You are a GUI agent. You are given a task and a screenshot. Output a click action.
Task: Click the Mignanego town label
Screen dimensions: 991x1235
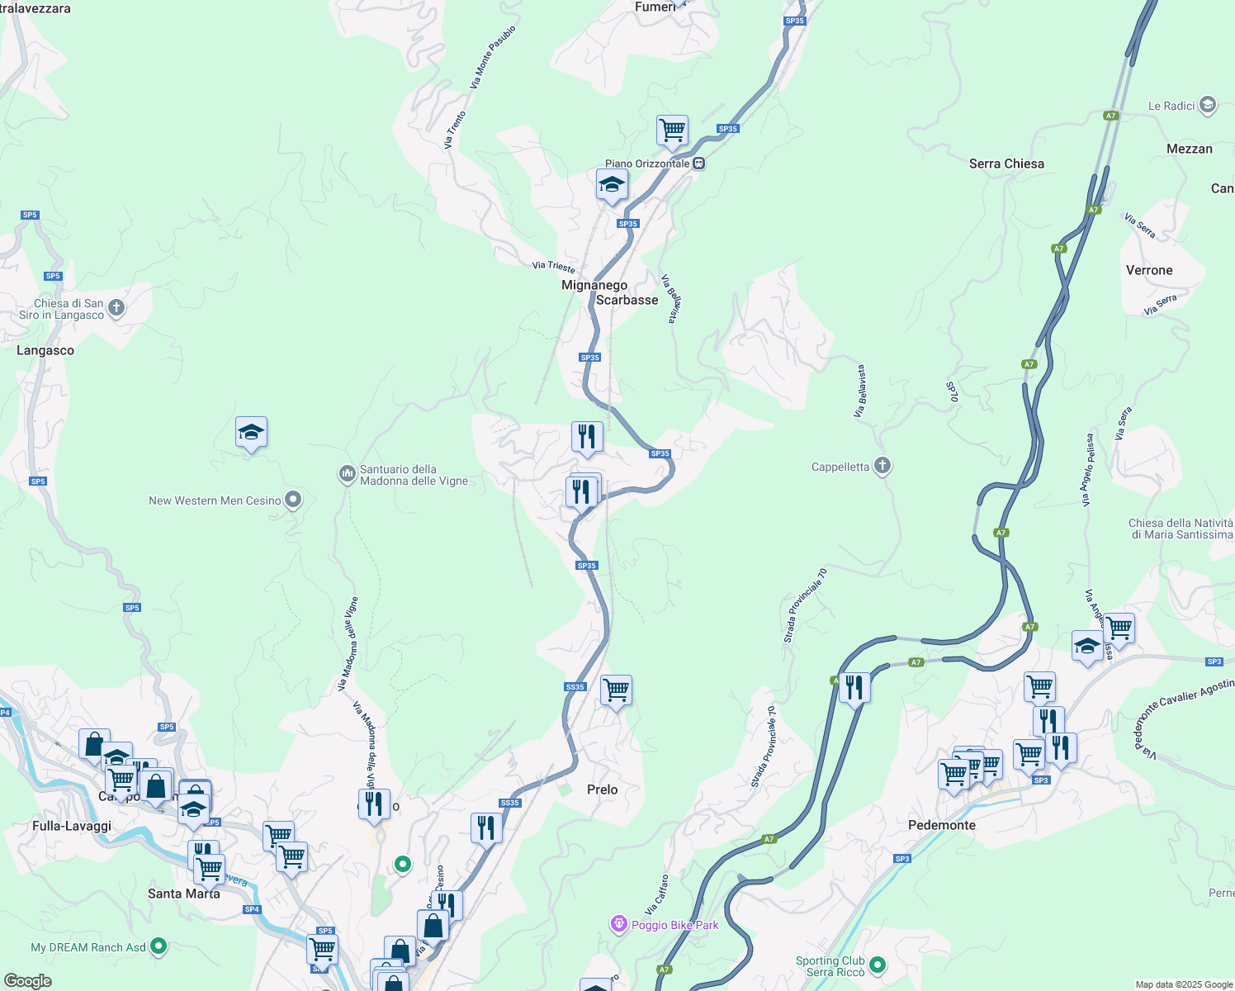pos(594,285)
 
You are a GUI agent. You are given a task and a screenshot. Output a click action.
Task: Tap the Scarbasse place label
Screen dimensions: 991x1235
pos(627,300)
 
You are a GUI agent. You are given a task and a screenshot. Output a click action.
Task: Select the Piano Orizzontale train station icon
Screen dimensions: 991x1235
pos(699,164)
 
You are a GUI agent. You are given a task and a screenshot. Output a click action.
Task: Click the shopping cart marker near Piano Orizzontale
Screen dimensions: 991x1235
pos(672,130)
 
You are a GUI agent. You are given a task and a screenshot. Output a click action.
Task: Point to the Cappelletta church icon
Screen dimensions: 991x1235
pos(882,467)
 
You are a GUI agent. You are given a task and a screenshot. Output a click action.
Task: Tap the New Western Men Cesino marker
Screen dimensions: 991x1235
pos(292,500)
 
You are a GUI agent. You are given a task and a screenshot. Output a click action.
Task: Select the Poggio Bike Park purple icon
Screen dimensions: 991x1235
pos(619,924)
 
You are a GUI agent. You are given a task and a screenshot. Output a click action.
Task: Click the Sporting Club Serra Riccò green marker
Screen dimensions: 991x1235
pos(878,964)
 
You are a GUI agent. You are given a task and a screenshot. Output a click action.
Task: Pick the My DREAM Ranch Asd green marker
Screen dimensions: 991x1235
pos(159,946)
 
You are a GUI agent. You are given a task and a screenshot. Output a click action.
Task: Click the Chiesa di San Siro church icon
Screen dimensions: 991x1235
pos(116,308)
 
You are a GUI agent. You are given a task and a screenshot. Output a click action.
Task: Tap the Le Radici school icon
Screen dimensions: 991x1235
pos(1208,105)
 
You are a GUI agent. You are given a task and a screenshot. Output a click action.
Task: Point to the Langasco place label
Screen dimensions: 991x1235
pos(45,350)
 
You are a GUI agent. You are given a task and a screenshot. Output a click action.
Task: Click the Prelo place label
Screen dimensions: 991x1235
pos(602,789)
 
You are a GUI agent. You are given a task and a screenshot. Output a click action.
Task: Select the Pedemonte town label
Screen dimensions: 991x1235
pos(941,825)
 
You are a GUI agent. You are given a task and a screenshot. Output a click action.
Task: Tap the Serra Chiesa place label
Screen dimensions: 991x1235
pos(1006,164)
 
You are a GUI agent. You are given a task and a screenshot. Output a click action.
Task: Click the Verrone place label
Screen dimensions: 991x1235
pos(1148,270)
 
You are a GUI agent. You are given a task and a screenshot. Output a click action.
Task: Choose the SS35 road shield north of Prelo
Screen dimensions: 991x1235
pos(575,687)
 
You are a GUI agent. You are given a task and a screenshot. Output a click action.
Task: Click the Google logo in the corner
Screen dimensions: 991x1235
pos(27,981)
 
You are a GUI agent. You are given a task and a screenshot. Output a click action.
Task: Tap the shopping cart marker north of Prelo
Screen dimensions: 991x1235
pos(616,690)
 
